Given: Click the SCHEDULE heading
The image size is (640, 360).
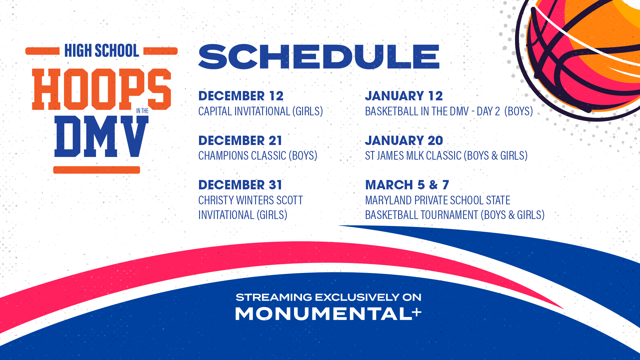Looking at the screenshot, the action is point(319,57).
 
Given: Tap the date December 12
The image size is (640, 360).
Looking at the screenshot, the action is point(241,96).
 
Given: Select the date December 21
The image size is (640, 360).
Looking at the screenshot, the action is point(240,141).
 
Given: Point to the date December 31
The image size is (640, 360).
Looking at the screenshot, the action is point(240,185).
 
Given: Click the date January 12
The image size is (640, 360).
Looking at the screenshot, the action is point(404,96).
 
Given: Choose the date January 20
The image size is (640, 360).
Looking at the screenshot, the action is point(404,141).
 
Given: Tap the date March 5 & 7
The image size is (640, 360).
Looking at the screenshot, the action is point(407,185).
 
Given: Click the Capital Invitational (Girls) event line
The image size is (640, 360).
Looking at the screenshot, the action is point(261,111).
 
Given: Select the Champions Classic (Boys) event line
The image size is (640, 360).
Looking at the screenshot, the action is point(258,156).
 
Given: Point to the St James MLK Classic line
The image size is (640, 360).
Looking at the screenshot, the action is point(446,156).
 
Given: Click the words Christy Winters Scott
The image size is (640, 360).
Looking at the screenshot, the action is point(250,200).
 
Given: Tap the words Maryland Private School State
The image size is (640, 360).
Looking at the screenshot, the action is point(438,200).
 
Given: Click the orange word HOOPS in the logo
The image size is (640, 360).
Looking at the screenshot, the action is point(101,89).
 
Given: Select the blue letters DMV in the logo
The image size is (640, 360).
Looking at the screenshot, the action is point(101,136).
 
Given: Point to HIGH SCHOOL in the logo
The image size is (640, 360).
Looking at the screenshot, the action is point(102,51).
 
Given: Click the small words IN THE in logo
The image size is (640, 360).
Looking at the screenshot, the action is point(142,111).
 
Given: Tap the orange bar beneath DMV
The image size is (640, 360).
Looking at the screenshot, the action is point(97,170).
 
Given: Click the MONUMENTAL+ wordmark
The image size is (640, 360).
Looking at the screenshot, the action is point(328,314).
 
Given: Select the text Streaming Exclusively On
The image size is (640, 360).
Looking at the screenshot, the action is point(328,297).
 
